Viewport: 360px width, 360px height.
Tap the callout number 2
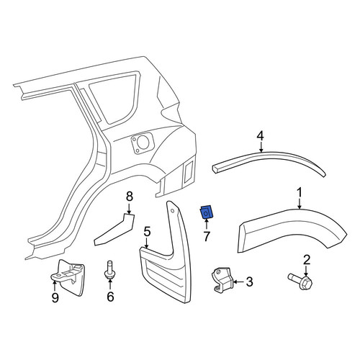point(307,261)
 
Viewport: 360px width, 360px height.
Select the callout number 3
point(250,282)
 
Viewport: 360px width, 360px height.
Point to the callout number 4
point(261,136)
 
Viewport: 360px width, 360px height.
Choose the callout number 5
point(147,233)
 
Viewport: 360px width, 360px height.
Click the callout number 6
point(110,297)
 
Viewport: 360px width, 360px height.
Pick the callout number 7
point(207,236)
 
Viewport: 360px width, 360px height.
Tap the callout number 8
point(130,197)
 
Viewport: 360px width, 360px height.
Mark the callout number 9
point(55,298)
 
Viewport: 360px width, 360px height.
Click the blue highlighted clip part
point(206,212)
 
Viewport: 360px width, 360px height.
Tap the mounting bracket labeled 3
point(222,279)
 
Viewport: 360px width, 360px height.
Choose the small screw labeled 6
point(109,270)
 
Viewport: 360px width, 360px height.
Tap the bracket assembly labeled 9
point(68,277)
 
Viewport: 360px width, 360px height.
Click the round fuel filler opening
point(143,143)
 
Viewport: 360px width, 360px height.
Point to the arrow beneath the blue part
point(207,224)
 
